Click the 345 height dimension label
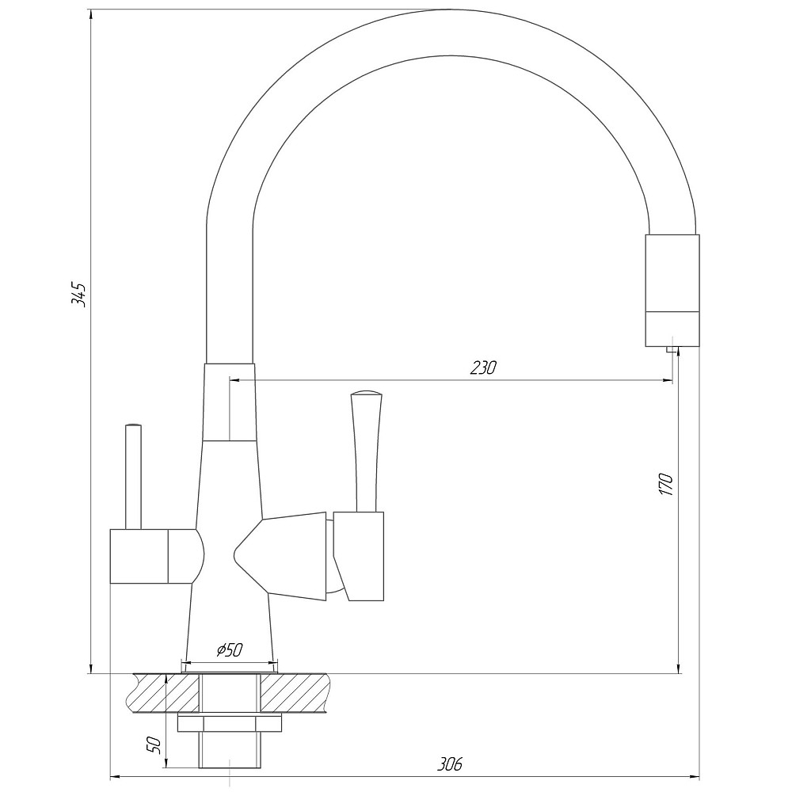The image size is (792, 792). [78, 293]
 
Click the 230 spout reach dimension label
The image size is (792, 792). [482, 367]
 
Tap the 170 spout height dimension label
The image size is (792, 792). [665, 484]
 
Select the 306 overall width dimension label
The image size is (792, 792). [449, 764]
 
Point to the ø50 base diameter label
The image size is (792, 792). [228, 650]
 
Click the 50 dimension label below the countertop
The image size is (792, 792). [154, 744]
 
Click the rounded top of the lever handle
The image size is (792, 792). [366, 394]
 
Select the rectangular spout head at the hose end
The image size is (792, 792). [672, 290]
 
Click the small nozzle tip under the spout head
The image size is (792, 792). [672, 350]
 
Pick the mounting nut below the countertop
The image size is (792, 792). [230, 723]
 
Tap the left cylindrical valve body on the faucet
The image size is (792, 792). [150, 556]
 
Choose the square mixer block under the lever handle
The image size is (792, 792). [359, 554]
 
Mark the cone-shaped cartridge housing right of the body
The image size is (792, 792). [285, 554]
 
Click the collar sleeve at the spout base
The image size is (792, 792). [230, 402]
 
